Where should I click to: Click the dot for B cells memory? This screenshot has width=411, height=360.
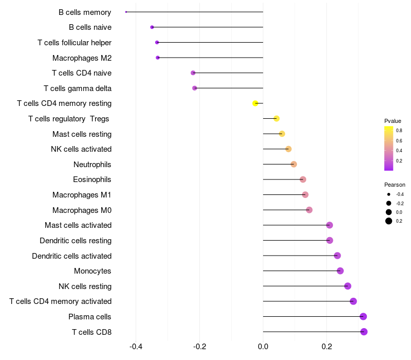point(126,12)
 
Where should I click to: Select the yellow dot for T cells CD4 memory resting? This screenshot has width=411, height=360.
point(255,103)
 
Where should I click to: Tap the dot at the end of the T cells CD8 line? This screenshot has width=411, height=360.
point(364,332)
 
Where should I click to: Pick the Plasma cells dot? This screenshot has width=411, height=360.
point(363,316)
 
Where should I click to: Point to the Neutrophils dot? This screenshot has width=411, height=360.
point(293,164)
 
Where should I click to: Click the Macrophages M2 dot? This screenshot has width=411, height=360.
point(158,58)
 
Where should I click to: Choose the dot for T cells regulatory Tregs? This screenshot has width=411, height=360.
point(276,119)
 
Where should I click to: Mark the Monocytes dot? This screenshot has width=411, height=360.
point(340,271)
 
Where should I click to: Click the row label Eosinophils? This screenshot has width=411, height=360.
point(92,179)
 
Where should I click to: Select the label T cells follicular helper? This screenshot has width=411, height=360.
point(74,43)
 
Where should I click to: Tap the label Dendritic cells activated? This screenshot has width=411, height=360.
point(72,256)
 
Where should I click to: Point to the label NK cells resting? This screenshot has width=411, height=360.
point(85,286)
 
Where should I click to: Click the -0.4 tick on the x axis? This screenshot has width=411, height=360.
point(136,347)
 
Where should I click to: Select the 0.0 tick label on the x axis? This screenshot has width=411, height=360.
point(263,347)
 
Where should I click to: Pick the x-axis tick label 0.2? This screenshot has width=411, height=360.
point(327,347)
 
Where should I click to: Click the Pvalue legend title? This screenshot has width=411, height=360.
point(393,121)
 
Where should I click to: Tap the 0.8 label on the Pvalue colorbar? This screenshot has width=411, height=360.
point(399,131)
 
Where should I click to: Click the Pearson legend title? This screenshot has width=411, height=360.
point(395,185)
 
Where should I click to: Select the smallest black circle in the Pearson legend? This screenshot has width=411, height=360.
point(388,194)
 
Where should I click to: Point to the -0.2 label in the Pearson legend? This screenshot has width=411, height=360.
point(400,203)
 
